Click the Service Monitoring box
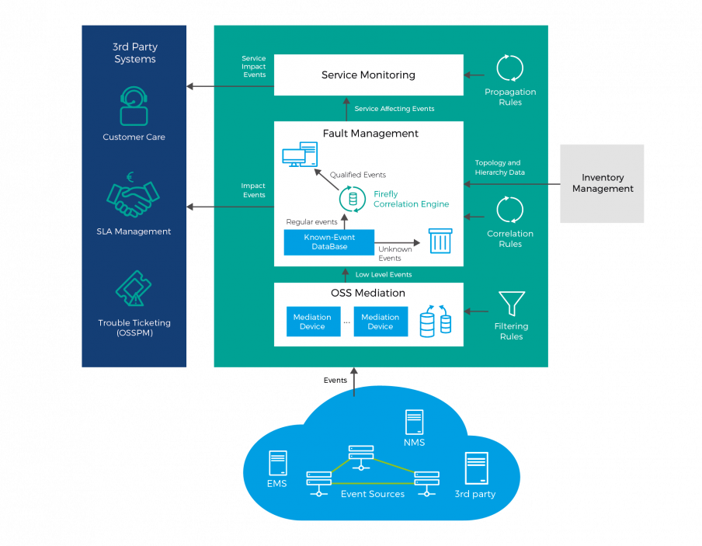click(368, 75)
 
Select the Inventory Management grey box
click(602, 183)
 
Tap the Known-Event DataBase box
click(329, 242)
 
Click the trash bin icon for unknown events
click(440, 240)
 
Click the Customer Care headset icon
click(134, 107)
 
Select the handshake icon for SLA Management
click(134, 198)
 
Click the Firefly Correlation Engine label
click(411, 200)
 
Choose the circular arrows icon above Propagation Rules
click(510, 68)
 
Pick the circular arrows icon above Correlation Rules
click(510, 210)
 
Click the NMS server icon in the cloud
click(414, 423)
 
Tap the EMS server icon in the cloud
click(277, 463)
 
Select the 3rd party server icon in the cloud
click(476, 469)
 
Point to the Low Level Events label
click(383, 274)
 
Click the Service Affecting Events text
click(394, 109)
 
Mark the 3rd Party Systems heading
click(134, 53)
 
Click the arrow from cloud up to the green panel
click(354, 382)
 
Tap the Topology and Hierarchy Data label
click(500, 168)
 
